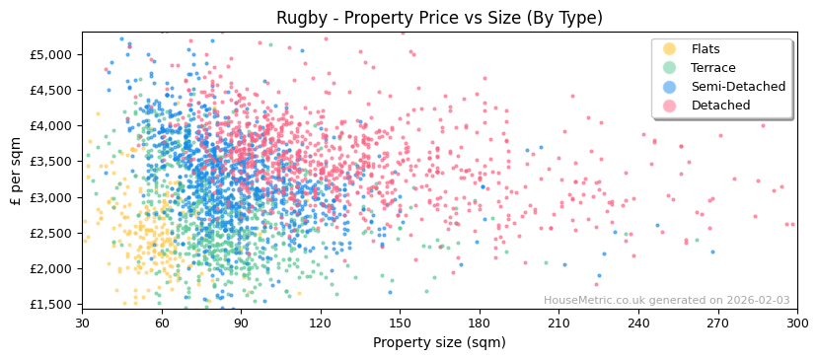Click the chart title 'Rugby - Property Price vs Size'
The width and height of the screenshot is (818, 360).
click(x=439, y=18)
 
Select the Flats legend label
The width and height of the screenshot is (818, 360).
click(x=705, y=49)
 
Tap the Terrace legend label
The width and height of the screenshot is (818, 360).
click(x=712, y=68)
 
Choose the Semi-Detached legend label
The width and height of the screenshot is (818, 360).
click(x=738, y=87)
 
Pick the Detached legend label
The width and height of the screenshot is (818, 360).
click(x=720, y=106)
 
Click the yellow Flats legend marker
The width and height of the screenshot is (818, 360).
click(x=669, y=49)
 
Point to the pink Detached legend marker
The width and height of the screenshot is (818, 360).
click(x=669, y=106)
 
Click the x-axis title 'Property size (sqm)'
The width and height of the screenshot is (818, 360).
click(x=439, y=343)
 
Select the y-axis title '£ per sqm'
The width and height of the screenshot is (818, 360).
click(x=16, y=171)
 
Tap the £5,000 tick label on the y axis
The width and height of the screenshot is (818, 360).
click(x=53, y=54)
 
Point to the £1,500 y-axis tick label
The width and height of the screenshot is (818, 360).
click(x=53, y=304)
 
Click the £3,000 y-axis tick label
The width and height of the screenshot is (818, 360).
click(x=53, y=197)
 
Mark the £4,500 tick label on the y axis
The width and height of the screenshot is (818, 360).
click(x=53, y=90)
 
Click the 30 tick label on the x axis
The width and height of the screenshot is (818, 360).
click(x=82, y=323)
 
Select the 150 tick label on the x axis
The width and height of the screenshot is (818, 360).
click(x=400, y=323)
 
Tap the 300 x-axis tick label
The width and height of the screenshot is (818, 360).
click(x=796, y=323)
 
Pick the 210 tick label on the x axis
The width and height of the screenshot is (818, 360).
click(x=558, y=323)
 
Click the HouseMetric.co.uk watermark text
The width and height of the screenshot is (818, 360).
click(x=666, y=301)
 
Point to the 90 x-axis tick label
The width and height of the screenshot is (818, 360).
click(x=241, y=323)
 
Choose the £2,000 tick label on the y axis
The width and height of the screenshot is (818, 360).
click(x=53, y=268)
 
